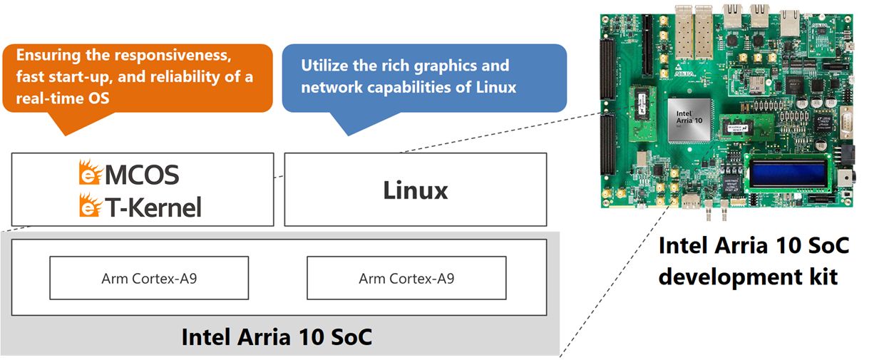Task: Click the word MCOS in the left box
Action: point(142,175)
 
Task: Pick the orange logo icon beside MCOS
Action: point(91,173)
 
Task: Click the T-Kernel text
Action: point(153,207)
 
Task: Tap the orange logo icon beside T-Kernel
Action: point(91,205)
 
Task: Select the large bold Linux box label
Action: point(416,190)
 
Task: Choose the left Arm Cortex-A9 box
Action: point(149,278)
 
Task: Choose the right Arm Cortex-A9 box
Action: point(406,278)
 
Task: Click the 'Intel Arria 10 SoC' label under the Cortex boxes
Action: point(277,337)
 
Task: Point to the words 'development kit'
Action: point(748,277)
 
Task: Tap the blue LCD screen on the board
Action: point(788,173)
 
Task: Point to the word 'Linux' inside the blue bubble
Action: point(496,88)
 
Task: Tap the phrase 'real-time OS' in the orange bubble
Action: point(63,98)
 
